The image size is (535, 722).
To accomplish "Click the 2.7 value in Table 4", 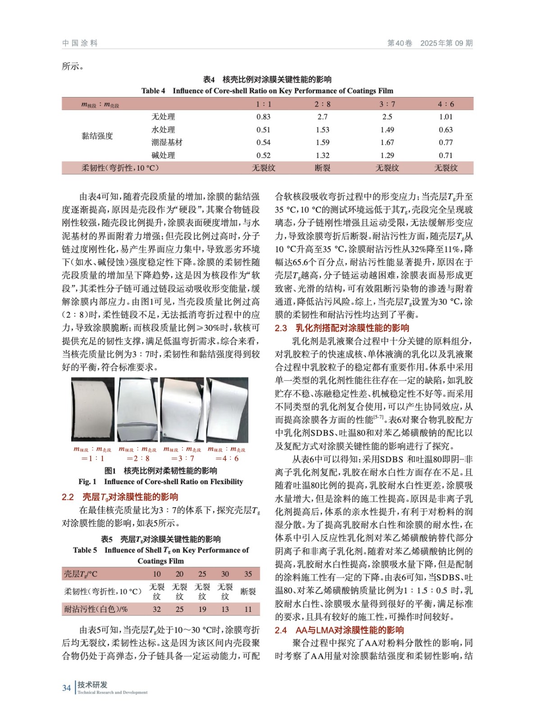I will click(x=322, y=117).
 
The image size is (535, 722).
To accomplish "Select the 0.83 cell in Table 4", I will click(x=263, y=117).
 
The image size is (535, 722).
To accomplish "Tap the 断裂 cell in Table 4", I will click(x=322, y=168).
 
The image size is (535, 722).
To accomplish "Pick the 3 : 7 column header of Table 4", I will click(x=387, y=104).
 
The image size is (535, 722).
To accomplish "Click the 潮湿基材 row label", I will click(x=167, y=143).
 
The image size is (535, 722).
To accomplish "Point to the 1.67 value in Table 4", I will click(x=387, y=143).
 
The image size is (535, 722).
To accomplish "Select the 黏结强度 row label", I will click(x=97, y=136).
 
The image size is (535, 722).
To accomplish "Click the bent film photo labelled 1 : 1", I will click(x=93, y=409).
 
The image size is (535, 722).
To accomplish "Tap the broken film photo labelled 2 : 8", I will click(x=138, y=409).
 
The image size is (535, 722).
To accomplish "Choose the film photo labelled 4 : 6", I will click(x=227, y=409).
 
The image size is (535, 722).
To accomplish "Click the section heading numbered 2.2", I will click(x=120, y=497).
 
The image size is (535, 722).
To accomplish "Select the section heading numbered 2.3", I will click(x=342, y=328).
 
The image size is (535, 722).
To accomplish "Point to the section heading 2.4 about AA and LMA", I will click(x=339, y=630).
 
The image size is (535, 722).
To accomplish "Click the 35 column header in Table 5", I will click(x=248, y=574).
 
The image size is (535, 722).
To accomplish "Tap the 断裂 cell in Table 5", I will click(x=248, y=592).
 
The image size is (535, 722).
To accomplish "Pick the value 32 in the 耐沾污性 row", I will click(x=156, y=609).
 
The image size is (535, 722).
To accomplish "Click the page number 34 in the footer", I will click(x=66, y=688).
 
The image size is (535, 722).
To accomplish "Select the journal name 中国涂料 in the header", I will click(x=80, y=43).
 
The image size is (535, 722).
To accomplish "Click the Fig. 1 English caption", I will click(x=160, y=482).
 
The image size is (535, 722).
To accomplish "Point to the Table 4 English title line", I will click(x=267, y=91).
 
